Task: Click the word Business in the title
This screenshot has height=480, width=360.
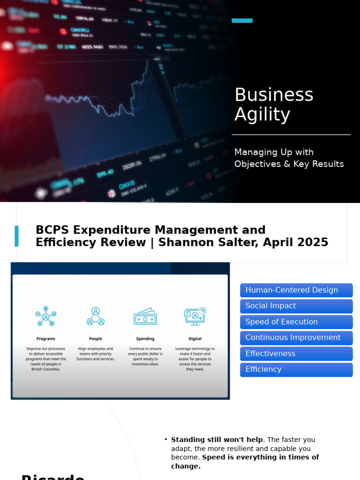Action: point(274,95)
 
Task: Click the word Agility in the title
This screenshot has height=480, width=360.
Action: point(262,115)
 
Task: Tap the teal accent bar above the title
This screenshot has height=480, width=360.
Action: point(242,21)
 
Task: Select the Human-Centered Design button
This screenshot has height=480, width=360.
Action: point(296,290)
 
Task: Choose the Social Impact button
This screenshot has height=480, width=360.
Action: point(296,306)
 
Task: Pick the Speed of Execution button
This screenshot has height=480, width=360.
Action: point(296,322)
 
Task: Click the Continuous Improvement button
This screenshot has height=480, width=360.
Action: point(296,337)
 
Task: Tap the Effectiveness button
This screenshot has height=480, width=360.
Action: point(296,353)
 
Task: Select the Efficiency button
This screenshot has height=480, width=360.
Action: point(296,369)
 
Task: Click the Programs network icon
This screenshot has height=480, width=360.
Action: point(46,316)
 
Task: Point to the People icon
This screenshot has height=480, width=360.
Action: point(96,316)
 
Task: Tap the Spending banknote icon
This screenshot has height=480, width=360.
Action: point(145,317)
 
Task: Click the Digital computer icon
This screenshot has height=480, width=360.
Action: point(195,316)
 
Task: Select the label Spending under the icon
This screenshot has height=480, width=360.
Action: point(145,338)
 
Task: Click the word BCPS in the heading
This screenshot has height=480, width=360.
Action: point(52,230)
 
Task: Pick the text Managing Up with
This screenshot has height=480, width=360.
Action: point(274,152)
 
